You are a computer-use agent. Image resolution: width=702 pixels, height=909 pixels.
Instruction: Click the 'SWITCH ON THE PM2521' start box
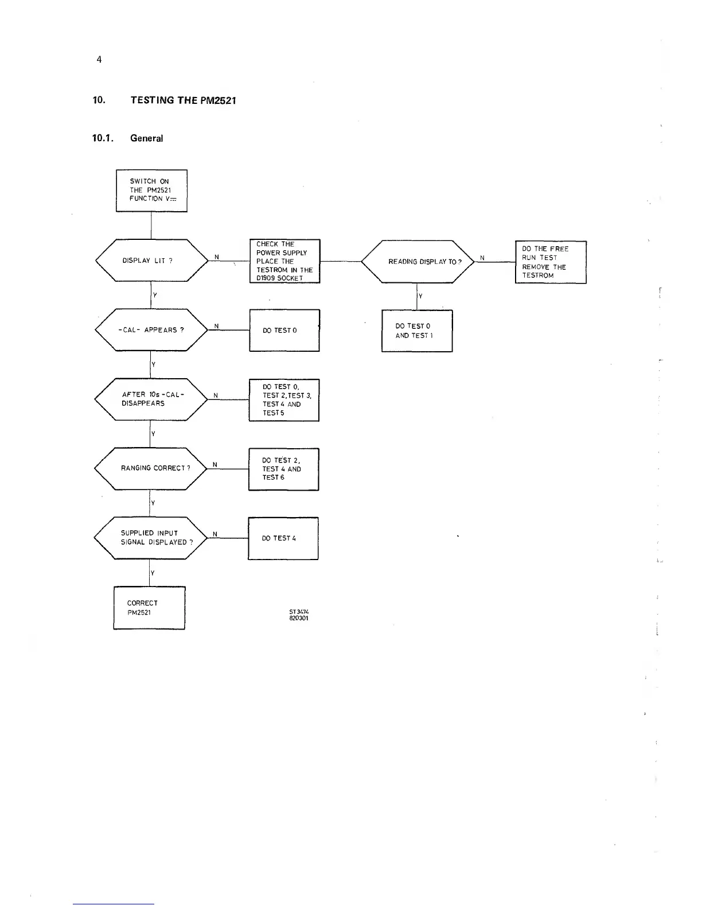pyautogui.click(x=151, y=191)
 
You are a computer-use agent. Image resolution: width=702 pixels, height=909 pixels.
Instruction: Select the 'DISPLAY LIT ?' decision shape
pyautogui.click(x=151, y=261)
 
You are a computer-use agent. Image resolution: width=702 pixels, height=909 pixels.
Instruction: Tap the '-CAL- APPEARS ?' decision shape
pyautogui.click(x=151, y=330)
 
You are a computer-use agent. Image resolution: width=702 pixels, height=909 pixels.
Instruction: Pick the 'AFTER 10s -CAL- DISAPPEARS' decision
pyautogui.click(x=151, y=399)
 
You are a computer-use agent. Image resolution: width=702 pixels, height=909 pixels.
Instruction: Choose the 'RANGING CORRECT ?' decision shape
pyautogui.click(x=151, y=468)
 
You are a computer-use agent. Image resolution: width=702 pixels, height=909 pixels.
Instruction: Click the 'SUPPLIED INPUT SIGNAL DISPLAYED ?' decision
pyautogui.click(x=151, y=538)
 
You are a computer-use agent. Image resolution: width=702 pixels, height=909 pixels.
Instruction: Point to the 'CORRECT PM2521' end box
pyautogui.click(x=149, y=608)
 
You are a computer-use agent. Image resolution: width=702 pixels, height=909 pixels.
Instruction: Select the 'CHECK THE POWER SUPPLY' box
pyautogui.click(x=284, y=261)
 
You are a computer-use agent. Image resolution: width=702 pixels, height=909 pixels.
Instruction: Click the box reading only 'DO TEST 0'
pyautogui.click(x=284, y=331)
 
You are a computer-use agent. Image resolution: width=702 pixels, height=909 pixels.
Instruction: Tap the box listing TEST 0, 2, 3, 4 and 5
pyautogui.click(x=284, y=400)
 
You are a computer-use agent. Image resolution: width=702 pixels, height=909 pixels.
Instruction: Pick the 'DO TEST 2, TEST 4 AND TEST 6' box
pyautogui.click(x=283, y=469)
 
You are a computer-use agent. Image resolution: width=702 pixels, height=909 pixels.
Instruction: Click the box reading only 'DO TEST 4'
pyautogui.click(x=283, y=538)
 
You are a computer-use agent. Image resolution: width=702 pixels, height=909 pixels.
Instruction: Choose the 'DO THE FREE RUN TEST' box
pyautogui.click(x=551, y=262)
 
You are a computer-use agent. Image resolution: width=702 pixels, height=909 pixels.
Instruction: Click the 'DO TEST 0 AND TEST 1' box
pyautogui.click(x=417, y=331)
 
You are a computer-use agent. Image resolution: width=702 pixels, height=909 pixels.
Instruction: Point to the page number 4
pyautogui.click(x=99, y=60)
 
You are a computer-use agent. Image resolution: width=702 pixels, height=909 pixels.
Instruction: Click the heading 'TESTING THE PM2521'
pyautogui.click(x=183, y=100)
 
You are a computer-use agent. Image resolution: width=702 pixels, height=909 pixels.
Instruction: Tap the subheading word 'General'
pyautogui.click(x=146, y=138)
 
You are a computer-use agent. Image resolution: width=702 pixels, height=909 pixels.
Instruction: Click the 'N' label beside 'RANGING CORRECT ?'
pyautogui.click(x=214, y=464)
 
